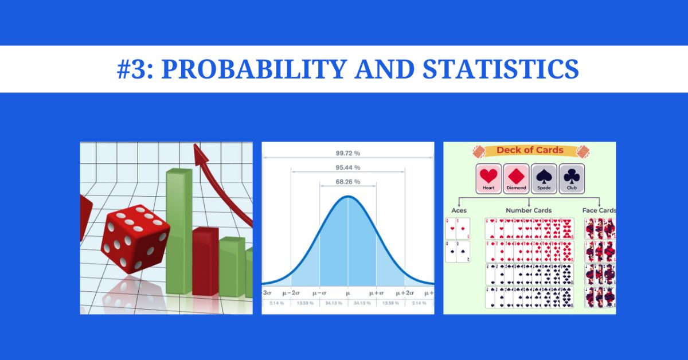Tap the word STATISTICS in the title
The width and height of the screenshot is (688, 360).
point(501,69)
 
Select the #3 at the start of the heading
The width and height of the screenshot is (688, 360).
point(135,69)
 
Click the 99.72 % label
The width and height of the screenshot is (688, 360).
point(347,153)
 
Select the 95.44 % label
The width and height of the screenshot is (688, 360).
point(347,167)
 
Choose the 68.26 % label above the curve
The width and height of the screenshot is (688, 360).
point(347,182)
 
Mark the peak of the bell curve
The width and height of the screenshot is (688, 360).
point(347,197)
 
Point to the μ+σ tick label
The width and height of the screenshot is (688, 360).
point(377,292)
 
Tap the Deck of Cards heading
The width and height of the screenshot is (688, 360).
point(529,151)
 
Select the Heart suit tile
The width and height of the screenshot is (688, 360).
point(488,178)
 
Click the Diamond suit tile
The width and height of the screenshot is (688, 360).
point(516,178)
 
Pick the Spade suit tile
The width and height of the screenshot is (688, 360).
point(544,178)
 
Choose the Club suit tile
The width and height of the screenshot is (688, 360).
point(571,178)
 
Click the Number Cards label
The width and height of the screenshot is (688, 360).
point(529,210)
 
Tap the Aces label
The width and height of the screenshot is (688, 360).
point(459,210)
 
